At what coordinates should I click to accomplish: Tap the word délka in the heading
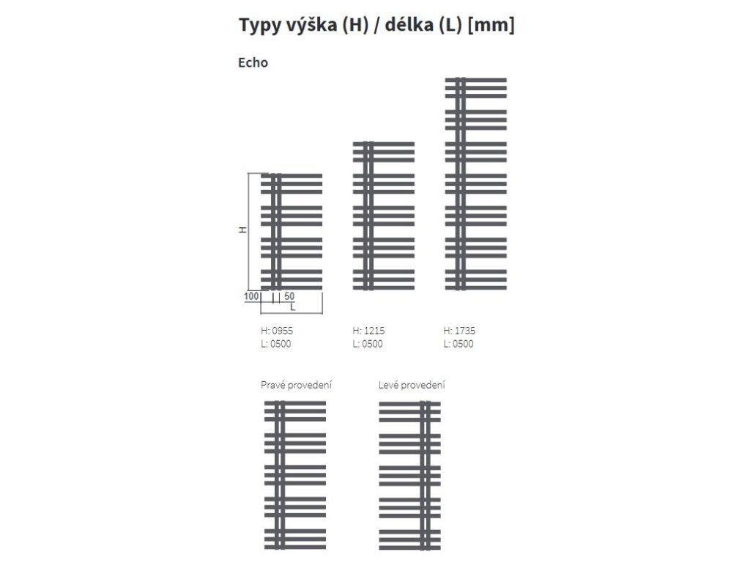click(x=409, y=24)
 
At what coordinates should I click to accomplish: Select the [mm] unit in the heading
click(x=491, y=24)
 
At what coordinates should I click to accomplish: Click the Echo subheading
click(x=253, y=63)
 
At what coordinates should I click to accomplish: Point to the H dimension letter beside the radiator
click(x=242, y=229)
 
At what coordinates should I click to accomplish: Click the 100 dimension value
click(x=251, y=296)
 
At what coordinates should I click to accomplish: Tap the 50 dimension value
click(x=289, y=296)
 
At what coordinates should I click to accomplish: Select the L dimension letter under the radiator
click(x=293, y=307)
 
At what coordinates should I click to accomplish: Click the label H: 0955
click(x=277, y=331)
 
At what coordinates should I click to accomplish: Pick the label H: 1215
click(x=368, y=331)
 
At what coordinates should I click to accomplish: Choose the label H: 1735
click(x=459, y=331)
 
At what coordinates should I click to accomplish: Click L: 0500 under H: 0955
click(x=276, y=344)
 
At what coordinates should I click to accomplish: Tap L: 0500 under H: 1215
click(x=368, y=344)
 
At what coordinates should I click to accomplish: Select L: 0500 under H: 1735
click(x=458, y=344)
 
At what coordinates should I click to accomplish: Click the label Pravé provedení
click(x=296, y=385)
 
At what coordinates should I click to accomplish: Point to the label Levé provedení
click(x=412, y=385)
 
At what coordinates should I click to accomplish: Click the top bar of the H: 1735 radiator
click(x=476, y=80)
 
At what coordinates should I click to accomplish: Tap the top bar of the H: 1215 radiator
click(x=384, y=144)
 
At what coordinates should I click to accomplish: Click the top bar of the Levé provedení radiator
click(x=410, y=403)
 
